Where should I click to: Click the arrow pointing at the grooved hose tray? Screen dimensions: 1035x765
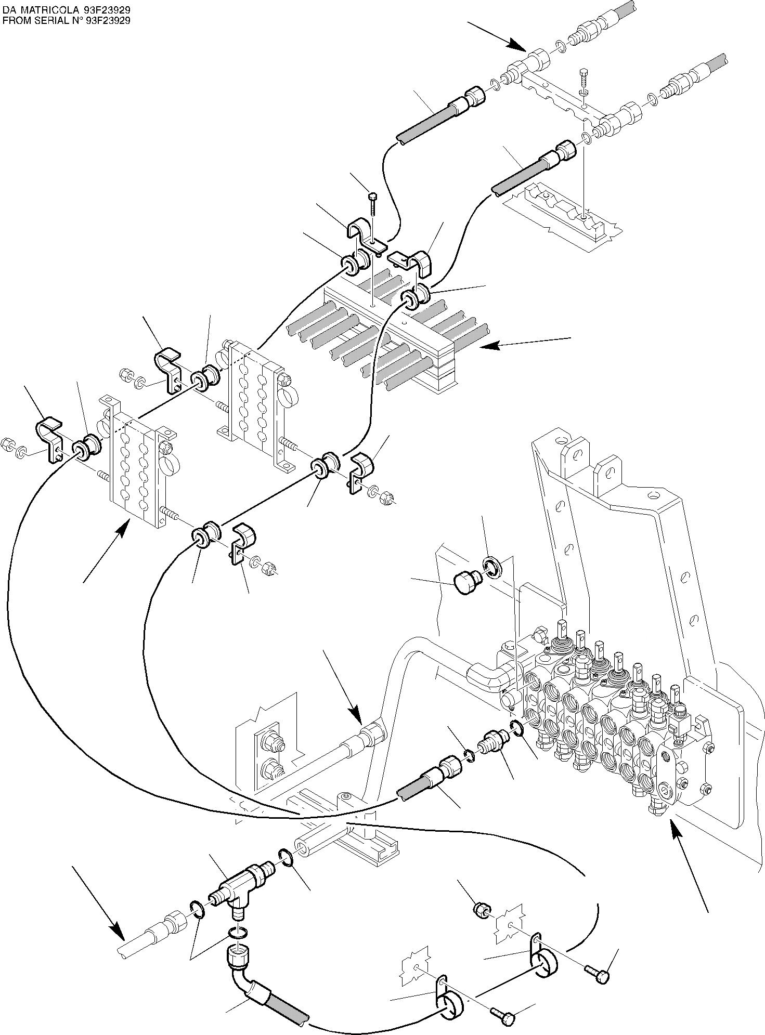point(525,343)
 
